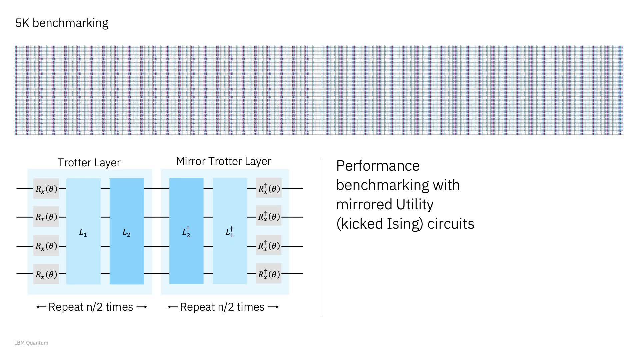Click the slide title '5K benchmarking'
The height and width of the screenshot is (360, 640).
62,23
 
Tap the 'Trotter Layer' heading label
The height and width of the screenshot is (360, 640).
89,163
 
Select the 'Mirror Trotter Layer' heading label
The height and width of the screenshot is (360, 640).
223,161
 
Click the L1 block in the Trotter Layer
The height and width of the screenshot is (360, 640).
83,231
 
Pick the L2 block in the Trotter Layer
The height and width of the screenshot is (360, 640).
127,231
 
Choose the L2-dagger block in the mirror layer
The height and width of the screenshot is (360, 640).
186,231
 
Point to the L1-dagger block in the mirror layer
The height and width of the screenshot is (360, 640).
230,231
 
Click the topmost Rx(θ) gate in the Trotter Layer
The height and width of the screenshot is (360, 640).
46,189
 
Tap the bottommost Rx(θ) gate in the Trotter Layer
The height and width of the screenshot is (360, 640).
46,274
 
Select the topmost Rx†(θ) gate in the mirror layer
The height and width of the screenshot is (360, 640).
269,189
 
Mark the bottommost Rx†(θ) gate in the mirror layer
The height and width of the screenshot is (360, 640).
269,274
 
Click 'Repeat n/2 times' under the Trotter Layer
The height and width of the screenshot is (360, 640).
91,307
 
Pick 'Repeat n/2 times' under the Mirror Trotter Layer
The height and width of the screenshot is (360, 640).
222,307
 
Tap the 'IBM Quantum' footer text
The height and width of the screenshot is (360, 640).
31,343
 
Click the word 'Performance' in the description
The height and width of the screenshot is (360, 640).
378,166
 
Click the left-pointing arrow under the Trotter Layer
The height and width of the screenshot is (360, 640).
41,307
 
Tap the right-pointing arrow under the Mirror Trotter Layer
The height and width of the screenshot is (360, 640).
273,307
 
